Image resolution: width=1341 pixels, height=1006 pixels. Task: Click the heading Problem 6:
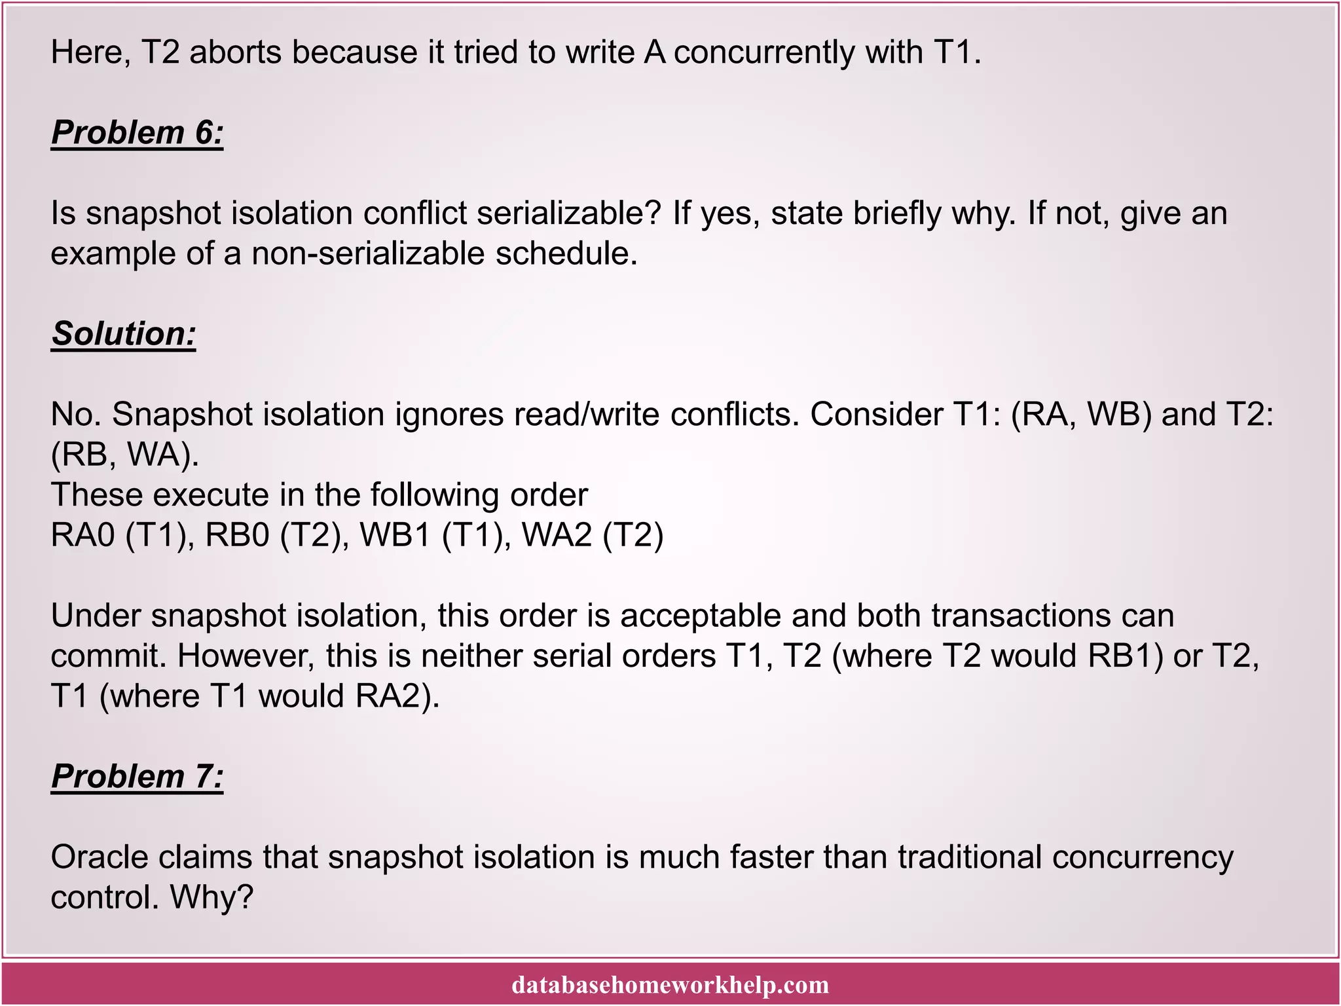coord(137,133)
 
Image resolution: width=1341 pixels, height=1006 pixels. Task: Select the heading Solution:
coord(124,334)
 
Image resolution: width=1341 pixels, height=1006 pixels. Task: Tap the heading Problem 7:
coord(137,777)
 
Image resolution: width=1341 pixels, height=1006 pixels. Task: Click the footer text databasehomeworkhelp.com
coord(670,984)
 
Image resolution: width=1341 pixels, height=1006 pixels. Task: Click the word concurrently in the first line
coord(763,52)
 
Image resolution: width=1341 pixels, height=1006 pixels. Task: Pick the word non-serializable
coord(368,253)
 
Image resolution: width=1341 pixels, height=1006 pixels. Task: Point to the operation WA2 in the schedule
coord(557,535)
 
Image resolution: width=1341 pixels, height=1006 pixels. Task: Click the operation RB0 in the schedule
coord(237,535)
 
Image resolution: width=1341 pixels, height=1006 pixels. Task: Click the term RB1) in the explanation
coord(1126,656)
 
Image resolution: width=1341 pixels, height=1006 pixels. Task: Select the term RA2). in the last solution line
coord(397,696)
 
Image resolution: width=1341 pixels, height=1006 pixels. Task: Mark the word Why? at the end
coord(211,897)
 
